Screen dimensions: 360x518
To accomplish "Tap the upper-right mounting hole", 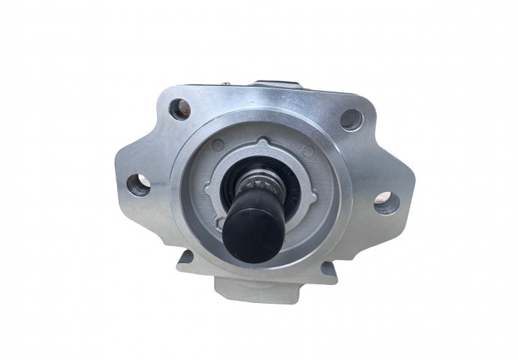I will tap(351, 118).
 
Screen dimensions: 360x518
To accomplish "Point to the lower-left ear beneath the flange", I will tap(185, 261).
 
